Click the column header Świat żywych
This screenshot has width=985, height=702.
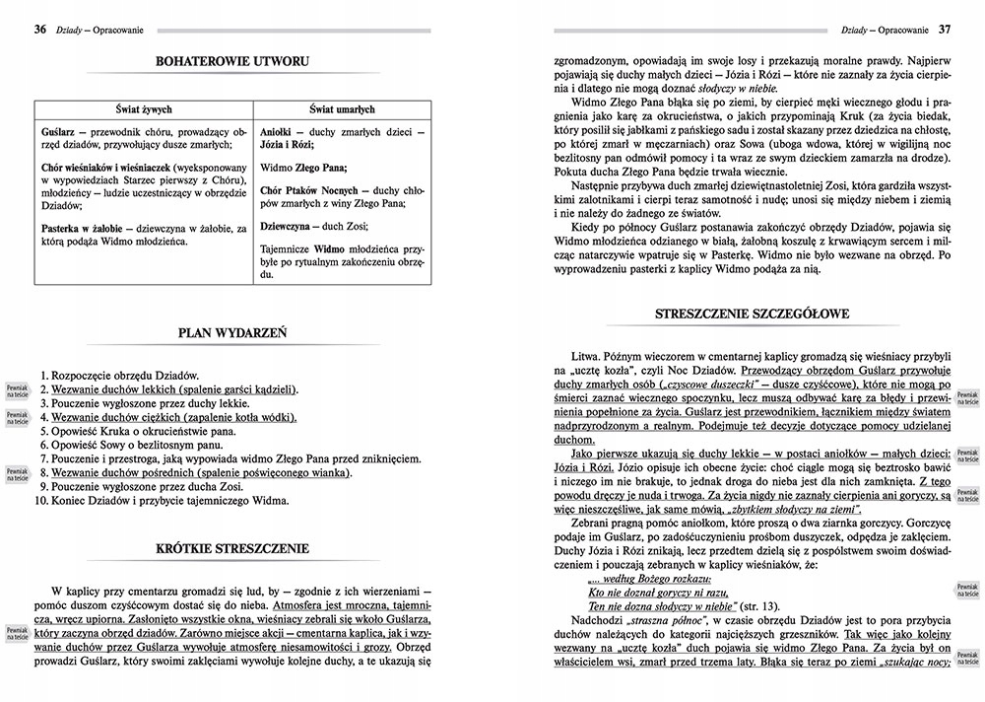[x=143, y=109]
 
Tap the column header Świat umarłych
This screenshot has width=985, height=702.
[x=343, y=109]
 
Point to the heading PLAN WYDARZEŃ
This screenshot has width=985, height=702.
[x=232, y=333]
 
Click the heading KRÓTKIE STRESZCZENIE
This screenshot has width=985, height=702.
[x=233, y=548]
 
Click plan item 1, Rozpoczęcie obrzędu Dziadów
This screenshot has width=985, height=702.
[x=120, y=376]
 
